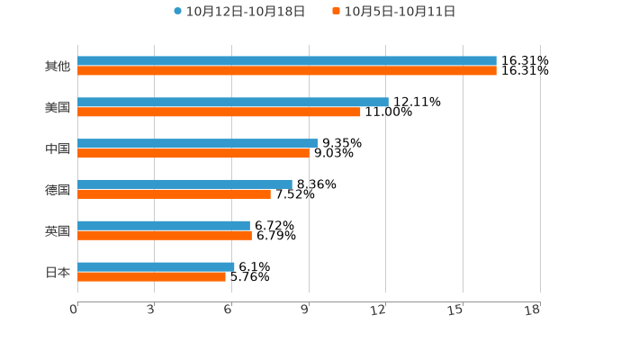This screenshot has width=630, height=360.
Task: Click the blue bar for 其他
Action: tap(286, 61)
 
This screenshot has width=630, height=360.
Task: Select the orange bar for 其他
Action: tap(286, 71)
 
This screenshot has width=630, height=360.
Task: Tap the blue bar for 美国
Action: tap(232, 103)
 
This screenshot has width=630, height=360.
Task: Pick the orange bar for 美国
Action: tap(219, 112)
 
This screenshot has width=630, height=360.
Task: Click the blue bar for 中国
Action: tap(197, 143)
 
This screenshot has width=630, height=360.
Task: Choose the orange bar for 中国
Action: tap(193, 154)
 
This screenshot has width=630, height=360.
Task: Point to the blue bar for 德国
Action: tap(184, 184)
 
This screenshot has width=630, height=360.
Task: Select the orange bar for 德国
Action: tap(174, 194)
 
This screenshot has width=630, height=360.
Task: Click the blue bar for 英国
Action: tap(163, 226)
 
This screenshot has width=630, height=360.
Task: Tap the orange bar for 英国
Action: tap(164, 236)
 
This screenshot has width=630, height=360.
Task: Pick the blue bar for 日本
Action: tap(156, 266)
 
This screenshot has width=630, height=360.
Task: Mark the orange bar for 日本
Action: tap(151, 277)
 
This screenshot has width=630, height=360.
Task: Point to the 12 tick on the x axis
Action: tap(379, 310)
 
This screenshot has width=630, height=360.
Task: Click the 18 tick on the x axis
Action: tap(533, 310)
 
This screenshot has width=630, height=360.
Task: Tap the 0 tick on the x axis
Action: tap(74, 310)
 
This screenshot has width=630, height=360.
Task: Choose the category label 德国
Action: tap(58, 190)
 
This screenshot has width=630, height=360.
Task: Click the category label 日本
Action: tap(58, 272)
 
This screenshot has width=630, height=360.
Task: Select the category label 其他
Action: tap(58, 67)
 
